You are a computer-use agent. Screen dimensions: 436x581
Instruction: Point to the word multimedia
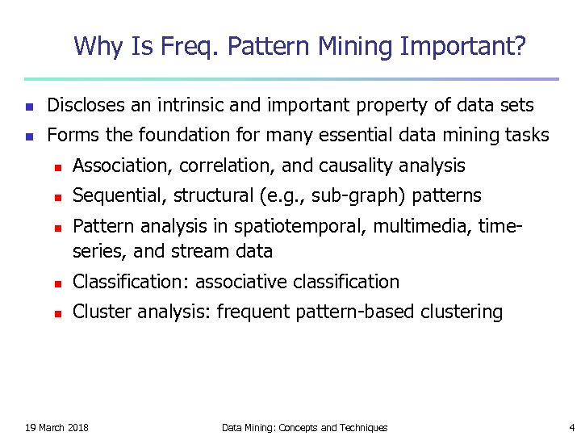[433, 227]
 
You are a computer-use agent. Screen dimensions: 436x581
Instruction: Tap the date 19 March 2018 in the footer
[57, 427]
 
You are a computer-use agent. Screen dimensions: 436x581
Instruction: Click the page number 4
[571, 427]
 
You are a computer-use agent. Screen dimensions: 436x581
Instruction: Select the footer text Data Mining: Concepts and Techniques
[304, 427]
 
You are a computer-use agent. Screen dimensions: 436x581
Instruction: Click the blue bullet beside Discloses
[29, 106]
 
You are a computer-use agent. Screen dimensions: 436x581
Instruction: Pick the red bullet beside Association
[57, 167]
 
